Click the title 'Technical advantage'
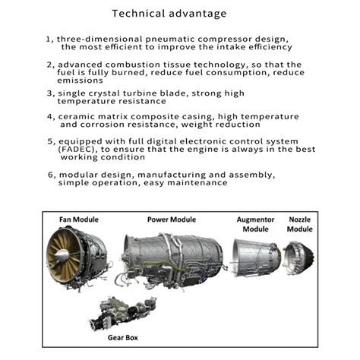click(x=179, y=14)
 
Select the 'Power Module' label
click(x=172, y=219)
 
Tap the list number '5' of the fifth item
click(x=49, y=141)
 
